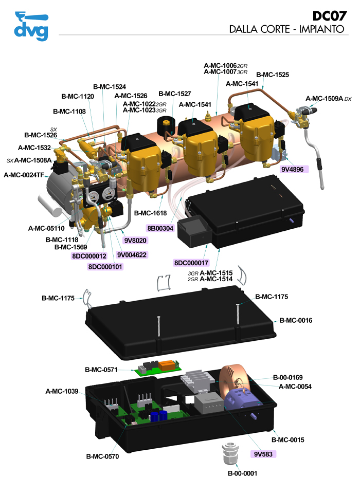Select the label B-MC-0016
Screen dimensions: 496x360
(303, 320)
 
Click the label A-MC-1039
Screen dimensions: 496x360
(62, 392)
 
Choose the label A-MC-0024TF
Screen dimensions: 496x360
(23, 175)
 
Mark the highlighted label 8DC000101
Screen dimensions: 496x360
(105, 266)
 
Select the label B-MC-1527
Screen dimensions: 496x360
(174, 94)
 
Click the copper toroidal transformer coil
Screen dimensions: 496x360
(235, 381)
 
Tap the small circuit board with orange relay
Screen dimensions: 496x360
(159, 367)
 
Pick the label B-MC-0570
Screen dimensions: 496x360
(103, 456)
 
